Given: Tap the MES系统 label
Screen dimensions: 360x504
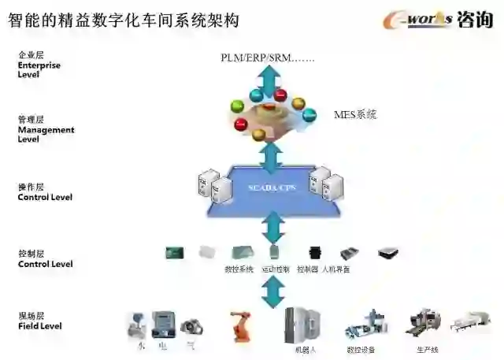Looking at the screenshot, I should point(356,114).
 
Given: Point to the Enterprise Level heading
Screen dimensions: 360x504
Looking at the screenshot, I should point(39,65).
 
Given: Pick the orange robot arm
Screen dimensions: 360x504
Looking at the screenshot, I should point(239,325).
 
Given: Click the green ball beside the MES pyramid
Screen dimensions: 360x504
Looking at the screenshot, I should point(235,106).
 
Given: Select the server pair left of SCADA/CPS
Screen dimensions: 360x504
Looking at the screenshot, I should point(213,184).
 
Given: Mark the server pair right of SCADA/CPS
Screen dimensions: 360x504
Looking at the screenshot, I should point(327,183).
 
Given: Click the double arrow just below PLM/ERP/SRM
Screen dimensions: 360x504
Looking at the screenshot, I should point(271,81).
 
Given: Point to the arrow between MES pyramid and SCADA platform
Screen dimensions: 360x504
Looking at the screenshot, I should point(271,155).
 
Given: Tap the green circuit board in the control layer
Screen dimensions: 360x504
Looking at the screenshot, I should point(174,253).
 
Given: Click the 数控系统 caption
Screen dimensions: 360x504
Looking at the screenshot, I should point(239,269).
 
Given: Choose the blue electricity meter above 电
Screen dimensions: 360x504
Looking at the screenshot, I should point(163,323).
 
